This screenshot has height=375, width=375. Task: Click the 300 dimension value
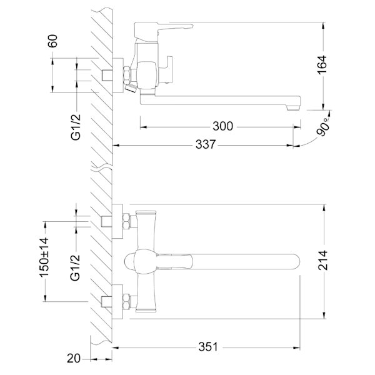222,126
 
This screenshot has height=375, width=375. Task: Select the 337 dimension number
206,144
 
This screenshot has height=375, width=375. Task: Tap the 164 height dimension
322,64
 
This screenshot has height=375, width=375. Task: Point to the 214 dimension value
322,260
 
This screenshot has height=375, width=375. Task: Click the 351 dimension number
208,346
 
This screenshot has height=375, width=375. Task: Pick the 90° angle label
323,127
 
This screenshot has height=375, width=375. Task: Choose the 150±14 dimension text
44,257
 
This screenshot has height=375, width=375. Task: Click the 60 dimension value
53,41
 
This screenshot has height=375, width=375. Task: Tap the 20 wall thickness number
74,359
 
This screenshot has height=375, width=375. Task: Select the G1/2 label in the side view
76,127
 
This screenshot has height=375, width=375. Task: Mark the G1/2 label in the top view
76,268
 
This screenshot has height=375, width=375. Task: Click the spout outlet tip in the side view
293,108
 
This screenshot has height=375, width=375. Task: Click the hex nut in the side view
127,76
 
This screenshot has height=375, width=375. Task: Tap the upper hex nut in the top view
127,221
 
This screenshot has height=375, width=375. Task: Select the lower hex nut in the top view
127,302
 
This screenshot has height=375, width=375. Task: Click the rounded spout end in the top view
296,261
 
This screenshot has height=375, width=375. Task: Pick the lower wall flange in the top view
117,302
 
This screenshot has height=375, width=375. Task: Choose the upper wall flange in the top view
117,221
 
